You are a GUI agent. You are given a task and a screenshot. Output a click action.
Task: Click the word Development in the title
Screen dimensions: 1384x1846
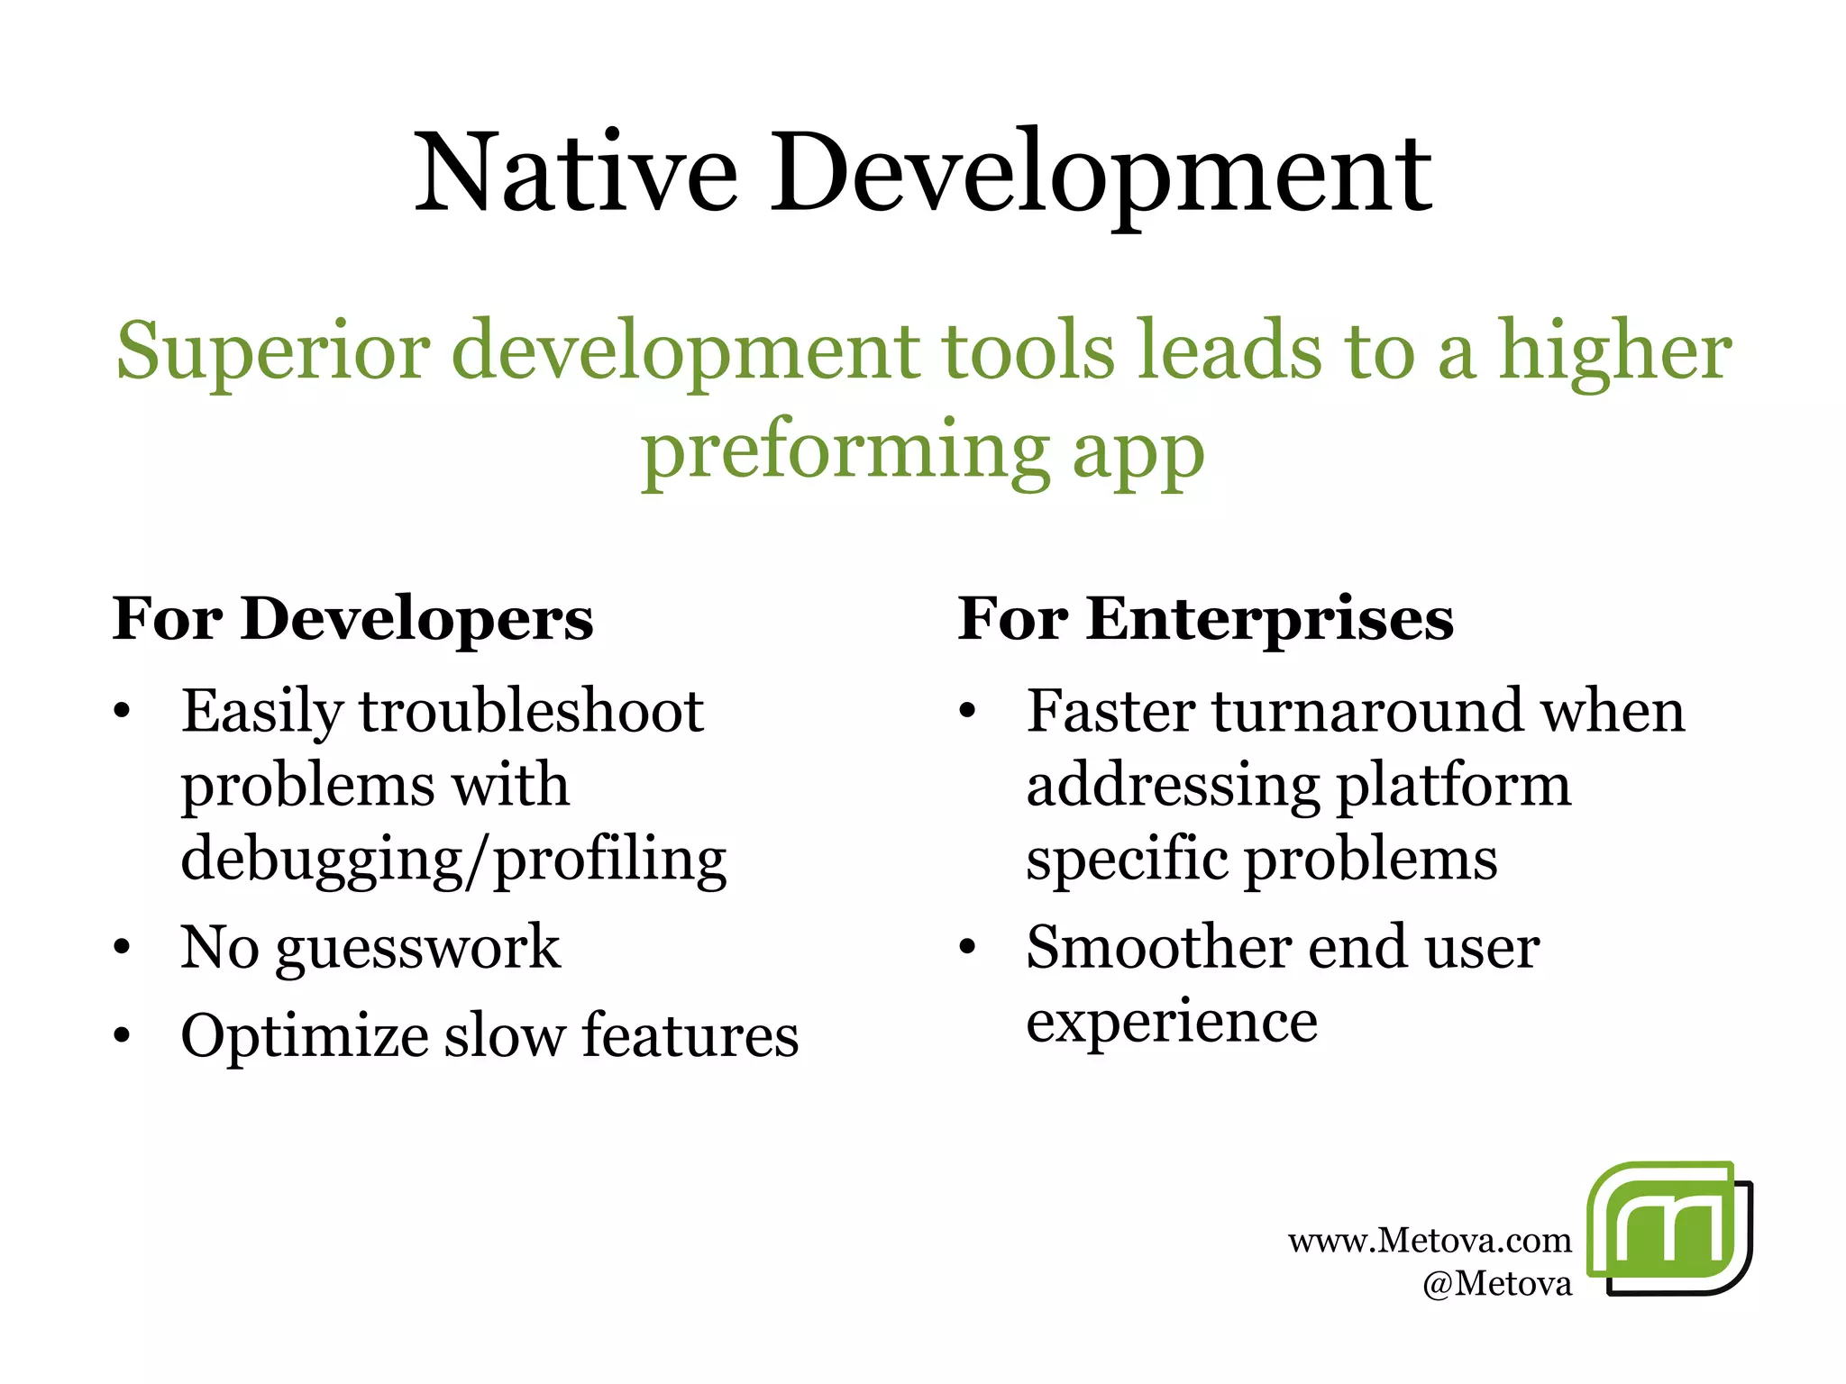1100,173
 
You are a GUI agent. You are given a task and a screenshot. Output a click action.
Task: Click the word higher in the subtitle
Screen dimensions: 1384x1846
1613,351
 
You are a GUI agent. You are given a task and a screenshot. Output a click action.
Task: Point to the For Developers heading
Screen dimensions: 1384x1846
352,619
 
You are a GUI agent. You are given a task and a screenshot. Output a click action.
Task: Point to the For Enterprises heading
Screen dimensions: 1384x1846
1205,619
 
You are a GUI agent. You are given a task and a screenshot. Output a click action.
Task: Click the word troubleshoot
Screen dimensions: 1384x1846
532,712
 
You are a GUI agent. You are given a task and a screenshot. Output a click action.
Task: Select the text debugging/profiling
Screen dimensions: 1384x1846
453,859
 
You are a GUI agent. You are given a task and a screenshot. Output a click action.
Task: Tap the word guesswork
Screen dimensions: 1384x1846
417,948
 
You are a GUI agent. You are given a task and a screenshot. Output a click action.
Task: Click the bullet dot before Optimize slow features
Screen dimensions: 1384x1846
123,1037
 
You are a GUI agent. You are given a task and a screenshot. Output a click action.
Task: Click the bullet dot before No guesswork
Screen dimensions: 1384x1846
123,949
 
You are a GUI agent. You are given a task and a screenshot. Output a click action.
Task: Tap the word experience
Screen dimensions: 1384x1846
1172,1022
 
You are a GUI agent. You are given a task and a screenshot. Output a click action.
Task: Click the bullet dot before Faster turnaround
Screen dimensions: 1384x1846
967,713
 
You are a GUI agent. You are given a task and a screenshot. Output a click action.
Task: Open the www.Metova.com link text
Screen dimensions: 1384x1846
1429,1241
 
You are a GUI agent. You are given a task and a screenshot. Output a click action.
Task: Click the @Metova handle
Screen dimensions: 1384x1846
1496,1283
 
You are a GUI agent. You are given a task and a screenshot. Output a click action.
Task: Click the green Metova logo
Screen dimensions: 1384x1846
1668,1228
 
